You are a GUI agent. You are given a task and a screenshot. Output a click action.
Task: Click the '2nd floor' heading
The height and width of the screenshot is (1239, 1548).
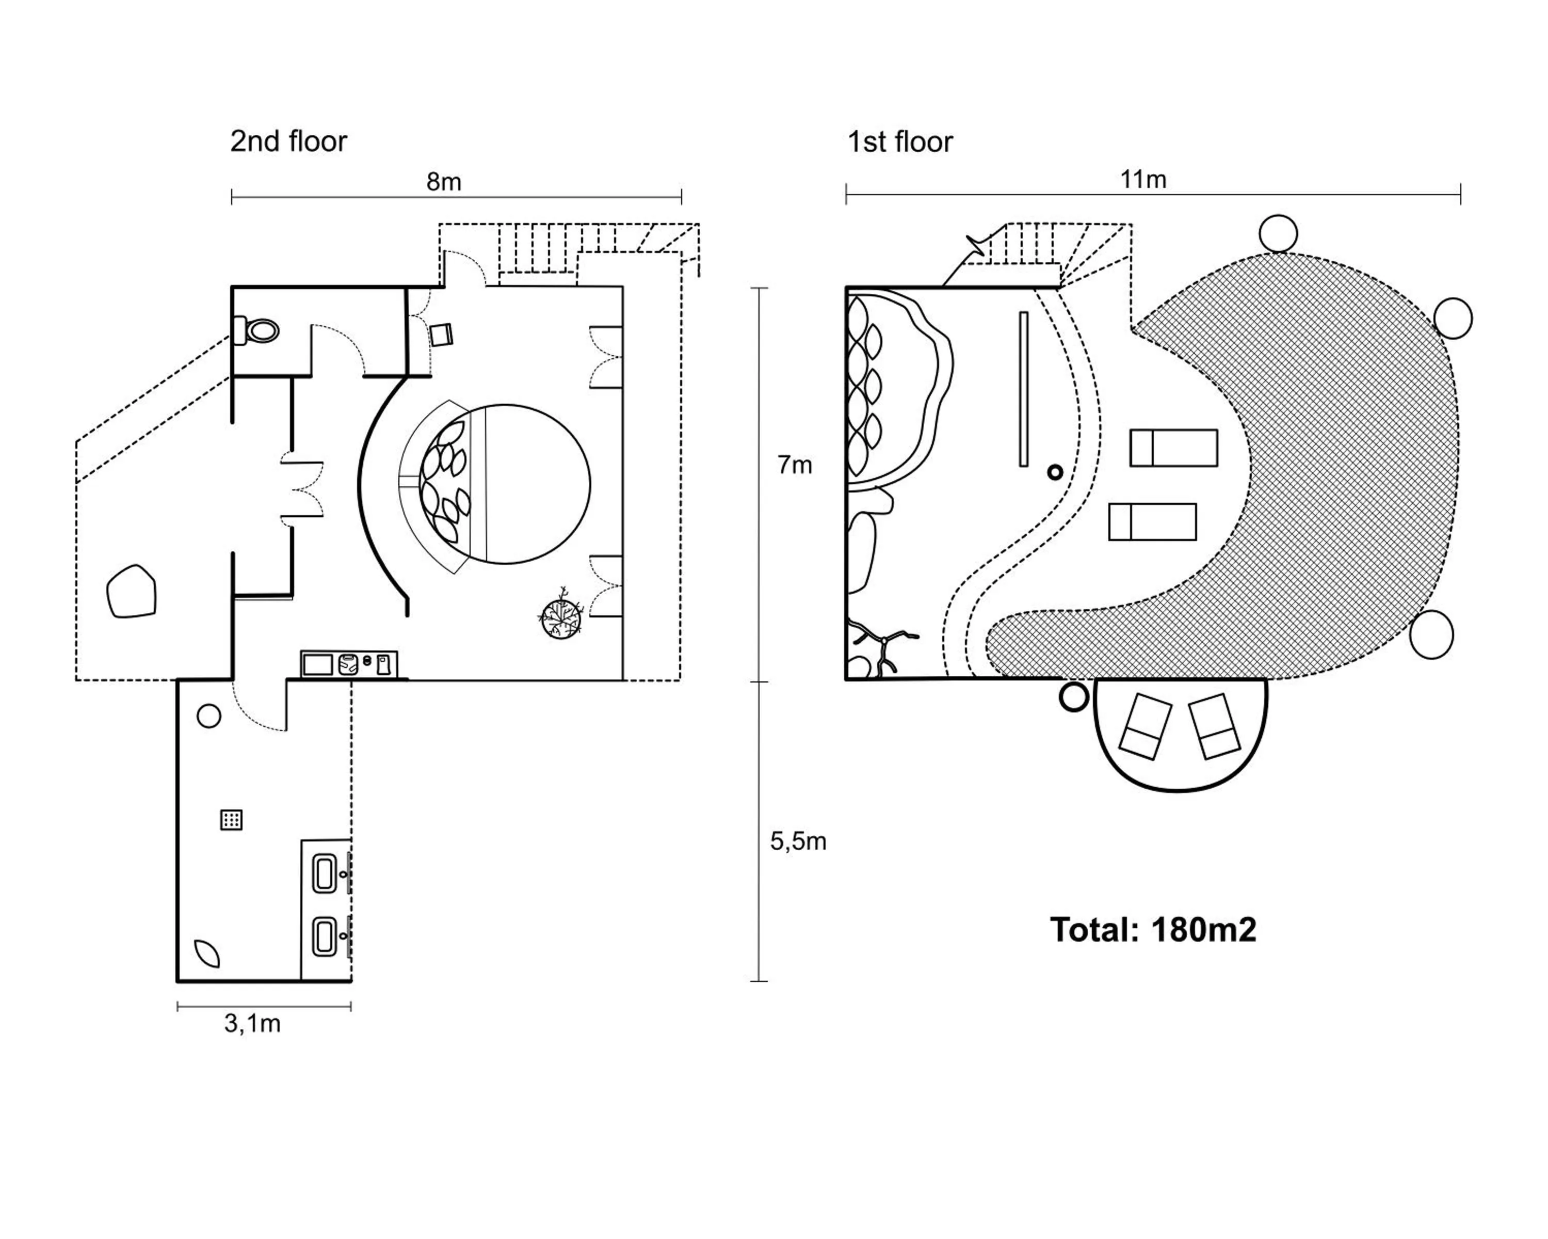288,141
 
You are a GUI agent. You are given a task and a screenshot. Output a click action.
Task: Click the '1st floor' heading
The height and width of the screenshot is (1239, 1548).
900,142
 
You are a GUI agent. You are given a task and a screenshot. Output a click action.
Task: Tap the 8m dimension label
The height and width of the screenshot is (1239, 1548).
444,182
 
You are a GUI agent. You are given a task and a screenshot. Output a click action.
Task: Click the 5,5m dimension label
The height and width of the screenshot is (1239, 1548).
798,841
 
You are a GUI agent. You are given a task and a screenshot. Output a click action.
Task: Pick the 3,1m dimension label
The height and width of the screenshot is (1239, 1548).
252,1024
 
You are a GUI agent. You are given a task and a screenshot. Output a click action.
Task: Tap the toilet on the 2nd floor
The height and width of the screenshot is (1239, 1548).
257,331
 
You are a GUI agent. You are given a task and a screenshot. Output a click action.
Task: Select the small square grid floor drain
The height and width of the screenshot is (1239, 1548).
231,819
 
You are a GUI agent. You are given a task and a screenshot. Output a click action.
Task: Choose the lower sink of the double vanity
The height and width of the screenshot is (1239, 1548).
325,938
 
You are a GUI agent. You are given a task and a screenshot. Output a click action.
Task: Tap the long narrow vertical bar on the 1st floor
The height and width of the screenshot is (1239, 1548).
1023,389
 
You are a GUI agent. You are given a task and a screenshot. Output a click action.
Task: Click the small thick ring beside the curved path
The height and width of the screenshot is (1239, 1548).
1055,472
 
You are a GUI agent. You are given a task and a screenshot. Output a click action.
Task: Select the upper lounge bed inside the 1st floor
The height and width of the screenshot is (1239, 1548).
1173,448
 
